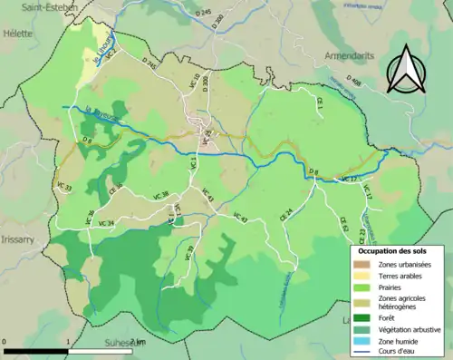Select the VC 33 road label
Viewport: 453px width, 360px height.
[63, 188]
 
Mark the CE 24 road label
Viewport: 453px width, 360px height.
[289, 213]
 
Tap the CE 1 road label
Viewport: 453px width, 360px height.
[321, 108]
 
